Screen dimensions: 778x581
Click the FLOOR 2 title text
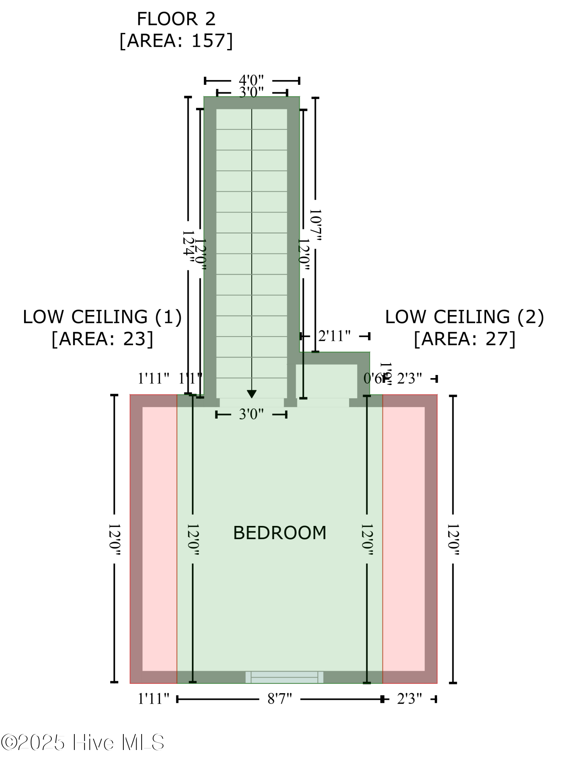176,19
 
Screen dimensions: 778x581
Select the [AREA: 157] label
176,41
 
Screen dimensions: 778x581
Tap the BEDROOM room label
279,533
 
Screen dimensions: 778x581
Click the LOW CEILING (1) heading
102,317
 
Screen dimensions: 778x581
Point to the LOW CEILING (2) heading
464,317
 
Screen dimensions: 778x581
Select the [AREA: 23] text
102,339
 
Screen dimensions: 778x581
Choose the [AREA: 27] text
464,339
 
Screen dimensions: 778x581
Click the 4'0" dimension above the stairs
251,80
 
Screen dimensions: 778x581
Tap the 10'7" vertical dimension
315,224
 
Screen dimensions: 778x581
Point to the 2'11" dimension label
334,336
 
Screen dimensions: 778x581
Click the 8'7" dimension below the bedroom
279,699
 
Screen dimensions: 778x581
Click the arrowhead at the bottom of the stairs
252,394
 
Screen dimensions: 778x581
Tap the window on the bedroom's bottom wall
284,677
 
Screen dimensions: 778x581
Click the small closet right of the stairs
326,381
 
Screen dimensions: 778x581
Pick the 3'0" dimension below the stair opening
251,415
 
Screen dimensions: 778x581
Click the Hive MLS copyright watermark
82,742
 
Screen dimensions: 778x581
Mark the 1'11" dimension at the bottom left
153,699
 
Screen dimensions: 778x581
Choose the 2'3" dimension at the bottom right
409,699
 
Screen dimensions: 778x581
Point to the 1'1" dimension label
190,378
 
